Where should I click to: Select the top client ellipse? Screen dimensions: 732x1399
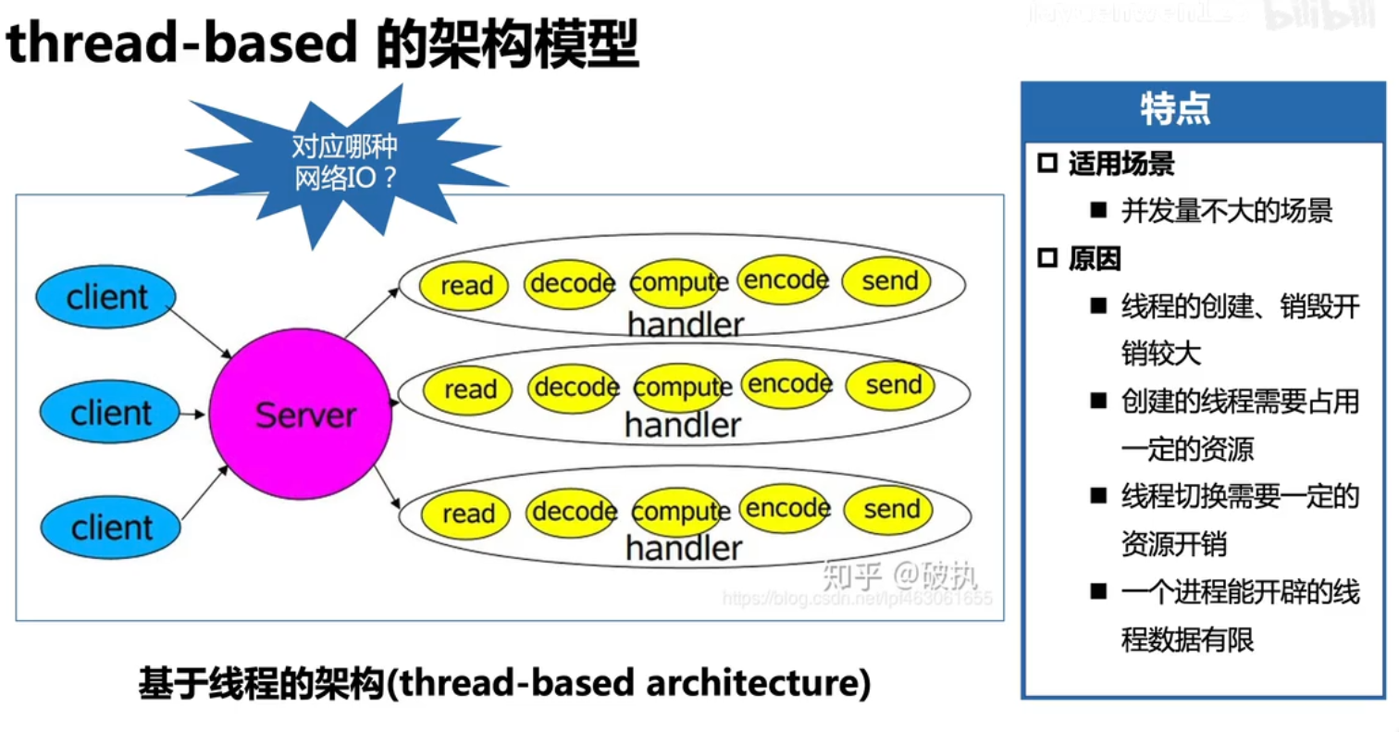tap(106, 297)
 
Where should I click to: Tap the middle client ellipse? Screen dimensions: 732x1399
tap(110, 413)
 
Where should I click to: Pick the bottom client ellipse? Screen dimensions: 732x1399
tap(110, 527)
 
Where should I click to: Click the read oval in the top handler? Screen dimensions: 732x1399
tap(465, 284)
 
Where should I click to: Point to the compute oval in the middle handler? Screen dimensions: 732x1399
tap(681, 388)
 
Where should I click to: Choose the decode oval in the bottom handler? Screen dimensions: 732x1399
tap(573, 512)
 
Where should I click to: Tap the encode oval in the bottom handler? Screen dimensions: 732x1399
tap(786, 508)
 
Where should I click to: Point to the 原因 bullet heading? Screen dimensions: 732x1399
tap(1095, 259)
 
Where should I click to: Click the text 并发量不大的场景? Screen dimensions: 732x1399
tap(1227, 212)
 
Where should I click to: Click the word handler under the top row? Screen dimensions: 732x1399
tap(685, 325)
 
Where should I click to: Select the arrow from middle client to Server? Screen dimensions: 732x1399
tap(192, 414)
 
